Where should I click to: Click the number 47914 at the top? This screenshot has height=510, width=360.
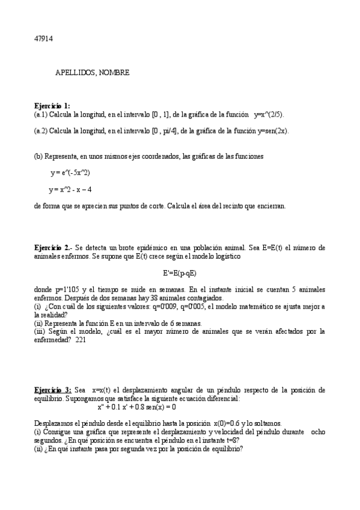pos(44,38)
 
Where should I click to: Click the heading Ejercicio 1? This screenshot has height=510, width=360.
pos(52,105)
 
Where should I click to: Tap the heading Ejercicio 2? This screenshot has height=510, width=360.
pos(53,247)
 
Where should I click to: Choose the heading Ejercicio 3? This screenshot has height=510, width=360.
pos(53,390)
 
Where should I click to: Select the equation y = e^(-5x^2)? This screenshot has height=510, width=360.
pos(71,173)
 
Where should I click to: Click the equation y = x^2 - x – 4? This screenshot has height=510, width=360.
pos(70,189)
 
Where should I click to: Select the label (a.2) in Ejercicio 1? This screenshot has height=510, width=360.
pos(41,131)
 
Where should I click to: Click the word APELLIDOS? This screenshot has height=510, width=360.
pos(75,72)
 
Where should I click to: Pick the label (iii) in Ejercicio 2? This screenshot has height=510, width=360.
pos(39,331)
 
